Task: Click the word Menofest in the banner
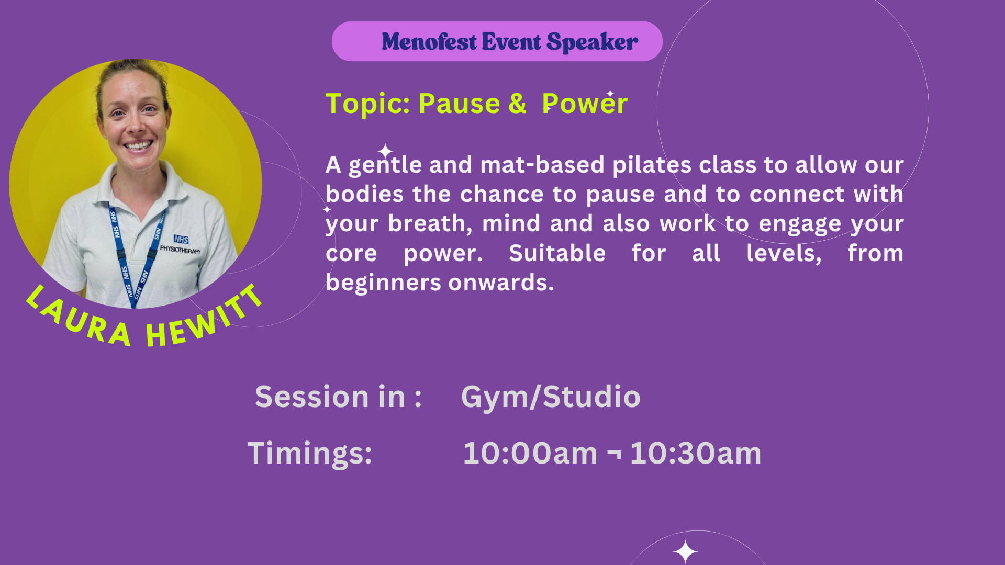[429, 41]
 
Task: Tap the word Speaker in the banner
[592, 42]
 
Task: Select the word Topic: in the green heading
[368, 103]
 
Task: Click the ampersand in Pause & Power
[517, 103]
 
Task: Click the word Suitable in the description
[557, 253]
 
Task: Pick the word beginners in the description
[384, 283]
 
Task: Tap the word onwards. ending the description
[501, 282]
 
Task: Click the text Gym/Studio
[551, 397]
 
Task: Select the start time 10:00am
[530, 453]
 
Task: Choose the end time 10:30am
[696, 453]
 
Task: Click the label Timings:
[310, 453]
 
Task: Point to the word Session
[312, 397]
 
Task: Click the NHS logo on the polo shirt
[181, 239]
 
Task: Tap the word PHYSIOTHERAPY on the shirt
[180, 250]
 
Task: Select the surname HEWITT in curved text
[204, 319]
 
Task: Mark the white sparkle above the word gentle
[385, 151]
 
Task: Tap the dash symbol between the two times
[614, 453]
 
